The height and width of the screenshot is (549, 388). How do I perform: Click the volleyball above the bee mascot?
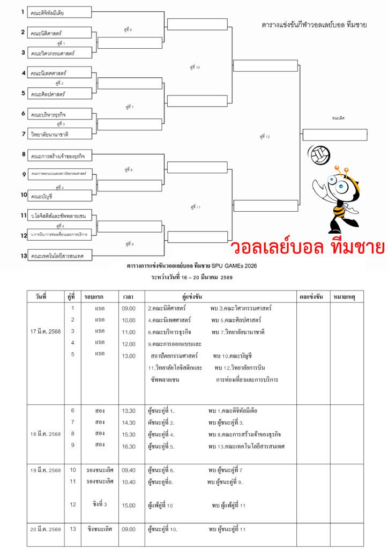320,154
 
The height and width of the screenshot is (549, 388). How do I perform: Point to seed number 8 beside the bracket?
24,154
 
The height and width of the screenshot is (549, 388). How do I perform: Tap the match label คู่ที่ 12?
265,137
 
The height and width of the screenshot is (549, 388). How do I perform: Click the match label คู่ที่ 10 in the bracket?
195,68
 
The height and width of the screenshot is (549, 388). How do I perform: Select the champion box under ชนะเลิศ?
334,135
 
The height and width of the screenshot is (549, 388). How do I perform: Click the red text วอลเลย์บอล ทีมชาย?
308,248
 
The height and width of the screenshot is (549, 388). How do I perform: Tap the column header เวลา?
128,296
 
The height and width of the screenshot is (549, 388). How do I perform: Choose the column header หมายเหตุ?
346,296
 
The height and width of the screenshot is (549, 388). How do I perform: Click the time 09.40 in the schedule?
129,470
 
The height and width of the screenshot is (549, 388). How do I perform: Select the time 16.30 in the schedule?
129,446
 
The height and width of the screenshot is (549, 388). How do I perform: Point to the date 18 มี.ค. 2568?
46,434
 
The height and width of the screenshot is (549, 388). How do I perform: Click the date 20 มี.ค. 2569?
46,530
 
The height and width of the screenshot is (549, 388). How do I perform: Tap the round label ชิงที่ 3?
100,505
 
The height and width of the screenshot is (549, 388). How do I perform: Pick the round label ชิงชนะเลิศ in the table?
100,529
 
